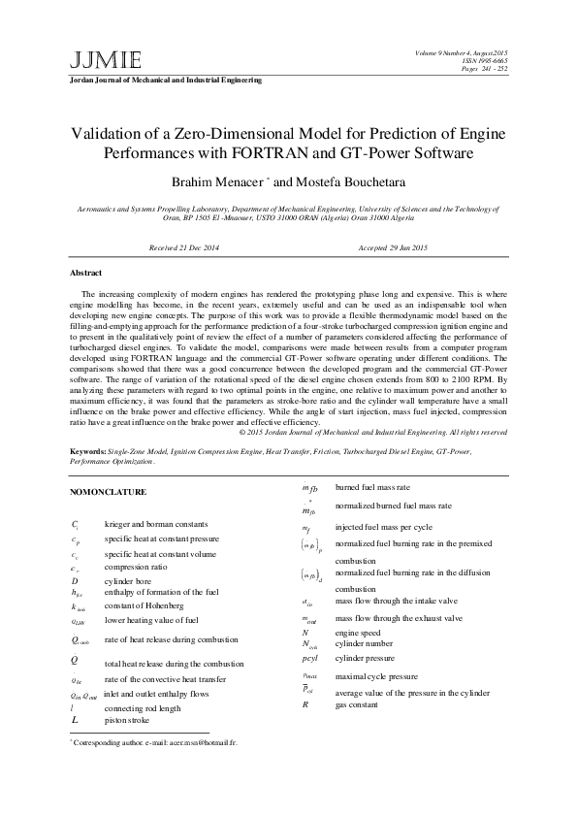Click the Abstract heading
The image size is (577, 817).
click(86, 273)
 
